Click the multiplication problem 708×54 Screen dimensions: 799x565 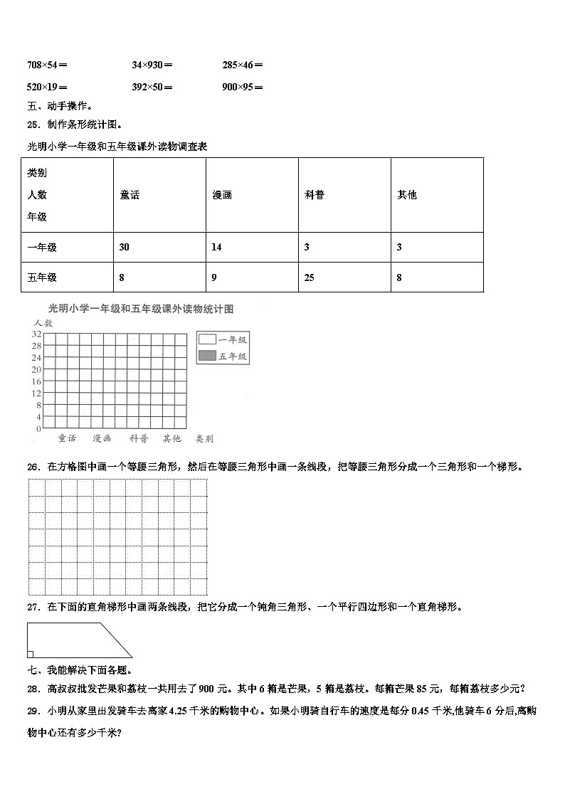[x=47, y=65]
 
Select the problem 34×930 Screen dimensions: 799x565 [x=152, y=65]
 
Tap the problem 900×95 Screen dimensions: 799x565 [x=242, y=88]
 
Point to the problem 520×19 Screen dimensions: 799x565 [x=47, y=88]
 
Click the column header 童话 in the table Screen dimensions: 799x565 [x=130, y=195]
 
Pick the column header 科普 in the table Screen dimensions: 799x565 [x=315, y=195]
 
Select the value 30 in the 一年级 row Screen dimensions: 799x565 [x=125, y=247]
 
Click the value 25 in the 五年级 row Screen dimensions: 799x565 [x=309, y=277]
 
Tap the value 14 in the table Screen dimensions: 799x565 [x=217, y=247]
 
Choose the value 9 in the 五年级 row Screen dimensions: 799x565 [x=214, y=277]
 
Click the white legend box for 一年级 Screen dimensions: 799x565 [x=207, y=340]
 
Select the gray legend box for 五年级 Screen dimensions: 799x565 [x=207, y=356]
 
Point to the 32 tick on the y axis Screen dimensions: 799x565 [x=36, y=334]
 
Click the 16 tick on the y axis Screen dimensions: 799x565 [x=36, y=381]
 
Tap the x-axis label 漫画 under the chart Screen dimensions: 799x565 [x=102, y=439]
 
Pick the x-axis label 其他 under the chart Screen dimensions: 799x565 [x=171, y=439]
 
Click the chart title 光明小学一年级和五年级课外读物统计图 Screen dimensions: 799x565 [x=140, y=309]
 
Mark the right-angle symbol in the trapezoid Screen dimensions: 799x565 [x=30, y=654]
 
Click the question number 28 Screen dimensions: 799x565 [x=33, y=688]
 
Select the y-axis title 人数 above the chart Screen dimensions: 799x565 [x=43, y=323]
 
